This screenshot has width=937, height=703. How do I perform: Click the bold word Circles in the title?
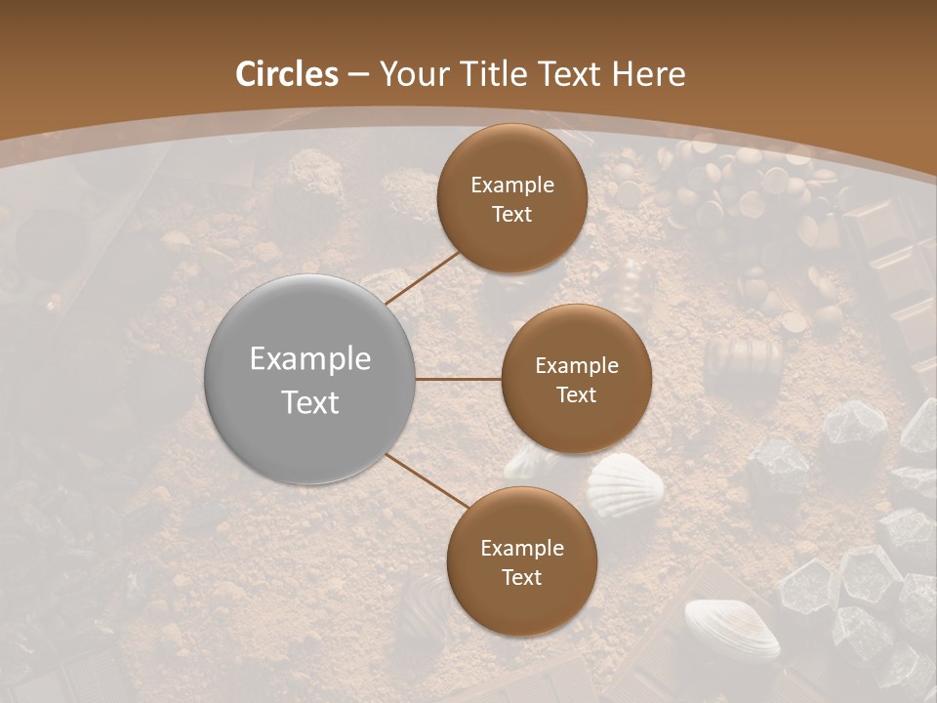point(287,74)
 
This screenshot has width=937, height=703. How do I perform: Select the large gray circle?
point(310,379)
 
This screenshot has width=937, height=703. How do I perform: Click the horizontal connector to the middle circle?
point(458,379)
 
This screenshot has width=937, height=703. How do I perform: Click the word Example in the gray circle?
point(310,359)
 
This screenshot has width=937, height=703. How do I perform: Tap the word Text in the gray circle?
point(310,402)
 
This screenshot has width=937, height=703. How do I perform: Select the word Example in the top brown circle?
point(512,186)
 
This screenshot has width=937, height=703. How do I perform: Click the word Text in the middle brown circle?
point(576,395)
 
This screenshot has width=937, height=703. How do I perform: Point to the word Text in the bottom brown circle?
point(521,578)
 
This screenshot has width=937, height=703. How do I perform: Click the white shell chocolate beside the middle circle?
point(626,483)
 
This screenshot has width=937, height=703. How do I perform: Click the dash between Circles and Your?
point(358,74)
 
